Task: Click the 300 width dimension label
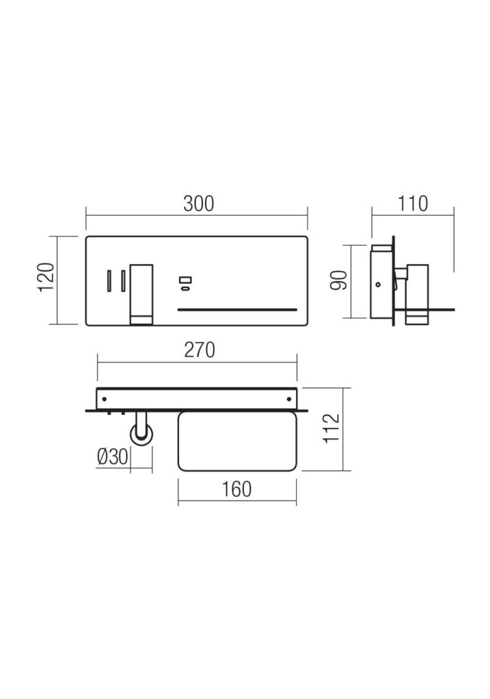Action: [x=198, y=203]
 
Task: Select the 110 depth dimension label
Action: [x=412, y=203]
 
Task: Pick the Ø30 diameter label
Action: [x=112, y=457]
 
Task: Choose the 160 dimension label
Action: [x=236, y=489]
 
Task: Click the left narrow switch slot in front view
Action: [x=108, y=281]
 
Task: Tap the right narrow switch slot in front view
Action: [x=122, y=281]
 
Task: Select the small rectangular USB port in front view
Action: [x=185, y=279]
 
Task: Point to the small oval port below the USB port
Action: [x=185, y=289]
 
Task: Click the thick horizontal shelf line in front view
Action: [x=237, y=309]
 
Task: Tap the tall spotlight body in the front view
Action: [x=141, y=290]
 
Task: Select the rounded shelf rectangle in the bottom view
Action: [x=236, y=442]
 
